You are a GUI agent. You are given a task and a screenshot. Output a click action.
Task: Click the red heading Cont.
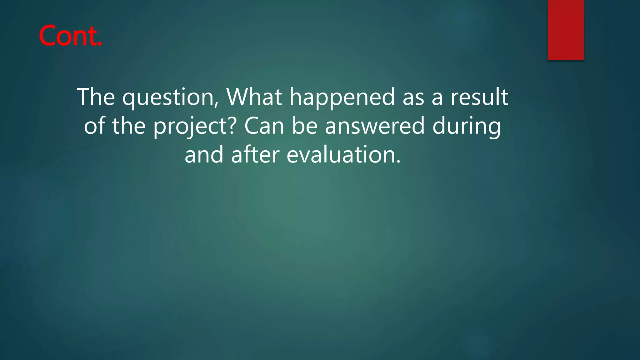coord(71,36)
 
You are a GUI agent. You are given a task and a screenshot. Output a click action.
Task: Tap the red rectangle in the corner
coord(566,30)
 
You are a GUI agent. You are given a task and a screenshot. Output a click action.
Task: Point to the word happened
coord(342,97)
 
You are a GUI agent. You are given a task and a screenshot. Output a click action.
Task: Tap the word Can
coord(264,126)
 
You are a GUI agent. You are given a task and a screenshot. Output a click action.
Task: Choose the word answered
coord(375,126)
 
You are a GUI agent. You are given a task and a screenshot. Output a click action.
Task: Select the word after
coord(255,155)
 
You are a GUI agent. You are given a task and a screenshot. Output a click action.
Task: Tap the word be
coord(305,126)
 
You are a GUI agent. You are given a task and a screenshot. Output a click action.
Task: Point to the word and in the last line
coord(204,155)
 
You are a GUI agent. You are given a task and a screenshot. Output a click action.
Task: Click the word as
coord(413,97)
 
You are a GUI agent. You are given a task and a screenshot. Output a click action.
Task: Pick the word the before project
coord(129,126)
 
